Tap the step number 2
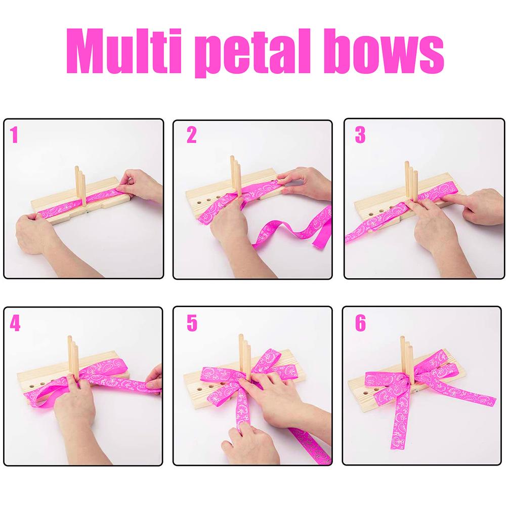(x=191, y=135)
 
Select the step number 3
(x=360, y=135)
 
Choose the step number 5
(x=191, y=323)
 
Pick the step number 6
(x=360, y=323)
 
